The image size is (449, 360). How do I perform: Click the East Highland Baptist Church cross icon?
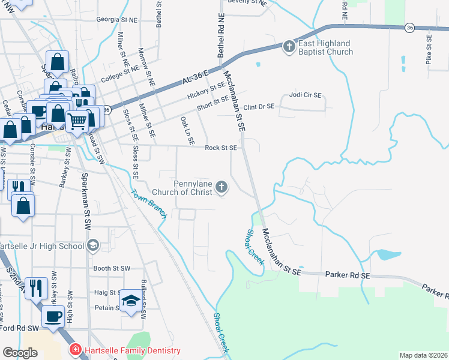tap(289, 46)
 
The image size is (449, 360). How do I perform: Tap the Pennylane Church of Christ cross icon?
tap(221, 188)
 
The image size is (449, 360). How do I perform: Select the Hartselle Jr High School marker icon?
tap(93, 245)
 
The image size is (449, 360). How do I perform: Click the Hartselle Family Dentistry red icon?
tap(76, 350)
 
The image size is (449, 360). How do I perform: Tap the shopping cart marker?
tap(77, 122)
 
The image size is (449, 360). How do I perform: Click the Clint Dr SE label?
tap(258, 106)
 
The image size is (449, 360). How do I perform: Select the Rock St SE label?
tap(221, 147)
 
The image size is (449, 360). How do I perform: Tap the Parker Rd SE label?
tap(349, 274)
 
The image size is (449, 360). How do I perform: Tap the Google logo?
tap(20, 353)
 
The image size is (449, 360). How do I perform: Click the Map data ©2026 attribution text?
tap(423, 355)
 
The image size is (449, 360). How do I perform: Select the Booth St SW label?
tap(112, 268)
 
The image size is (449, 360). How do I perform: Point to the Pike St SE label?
tap(429, 49)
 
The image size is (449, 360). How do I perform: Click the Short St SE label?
tap(214, 104)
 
